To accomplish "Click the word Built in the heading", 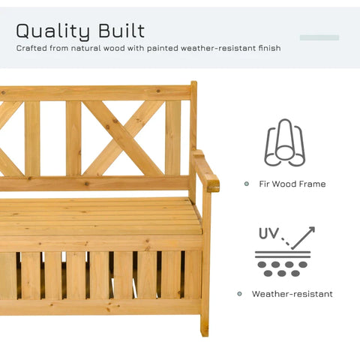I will (x=121, y=31).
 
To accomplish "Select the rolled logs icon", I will (x=285, y=143).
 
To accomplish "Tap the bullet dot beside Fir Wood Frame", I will (x=246, y=184).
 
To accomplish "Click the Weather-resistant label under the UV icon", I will (x=292, y=294).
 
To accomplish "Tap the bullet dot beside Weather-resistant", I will (x=240, y=294).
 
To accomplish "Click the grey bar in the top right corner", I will (x=319, y=37).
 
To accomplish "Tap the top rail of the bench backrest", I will (x=97, y=92).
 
